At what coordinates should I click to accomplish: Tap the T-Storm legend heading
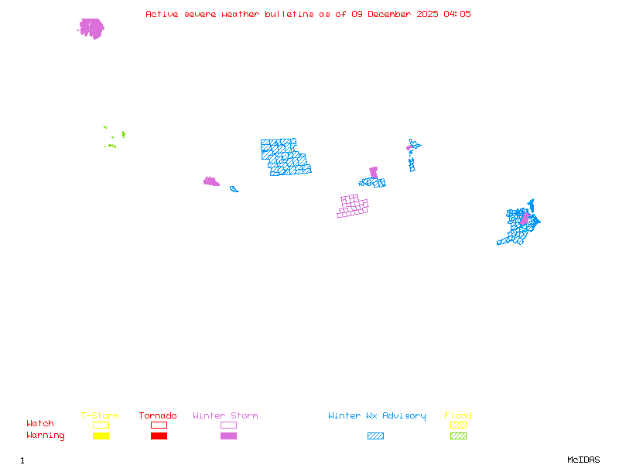[100, 416]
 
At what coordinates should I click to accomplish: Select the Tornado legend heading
[158, 416]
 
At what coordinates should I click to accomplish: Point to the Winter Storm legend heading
[225, 416]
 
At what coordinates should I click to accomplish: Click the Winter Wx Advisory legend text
[377, 416]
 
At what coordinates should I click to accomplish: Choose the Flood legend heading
[458, 416]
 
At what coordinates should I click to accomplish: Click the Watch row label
[40, 424]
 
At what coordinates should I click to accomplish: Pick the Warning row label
[46, 436]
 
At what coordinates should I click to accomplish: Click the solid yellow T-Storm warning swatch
[101, 436]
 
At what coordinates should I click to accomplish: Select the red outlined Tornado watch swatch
[159, 425]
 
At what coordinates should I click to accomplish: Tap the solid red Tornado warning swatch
[159, 436]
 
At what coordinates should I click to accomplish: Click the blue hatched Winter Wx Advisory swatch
[375, 436]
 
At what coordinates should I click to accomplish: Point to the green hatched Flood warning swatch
[458, 436]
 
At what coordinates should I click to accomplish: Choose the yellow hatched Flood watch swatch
[458, 425]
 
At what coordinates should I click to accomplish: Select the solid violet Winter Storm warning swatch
[228, 436]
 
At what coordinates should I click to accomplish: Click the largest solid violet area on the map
[91, 29]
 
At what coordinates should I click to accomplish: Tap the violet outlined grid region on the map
[353, 206]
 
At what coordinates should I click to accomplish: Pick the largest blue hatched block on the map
[285, 157]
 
